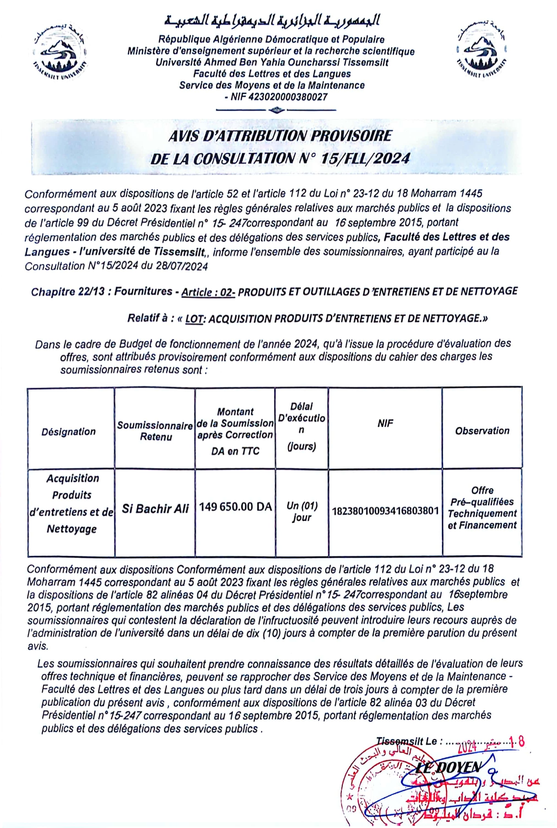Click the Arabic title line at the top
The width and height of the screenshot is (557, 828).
272,21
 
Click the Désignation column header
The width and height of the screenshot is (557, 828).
68,431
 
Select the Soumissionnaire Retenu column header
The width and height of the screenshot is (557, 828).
155,431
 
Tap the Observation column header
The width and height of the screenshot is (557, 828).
482,431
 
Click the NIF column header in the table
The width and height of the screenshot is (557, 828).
385,423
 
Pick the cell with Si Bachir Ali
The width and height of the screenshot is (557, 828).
155,509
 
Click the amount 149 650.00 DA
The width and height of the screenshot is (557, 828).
235,506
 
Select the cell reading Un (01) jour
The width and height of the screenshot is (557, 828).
302,511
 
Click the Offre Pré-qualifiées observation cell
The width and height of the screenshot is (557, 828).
482,508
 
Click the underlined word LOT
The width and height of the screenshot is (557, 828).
194,319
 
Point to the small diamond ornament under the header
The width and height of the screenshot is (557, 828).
277,110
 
